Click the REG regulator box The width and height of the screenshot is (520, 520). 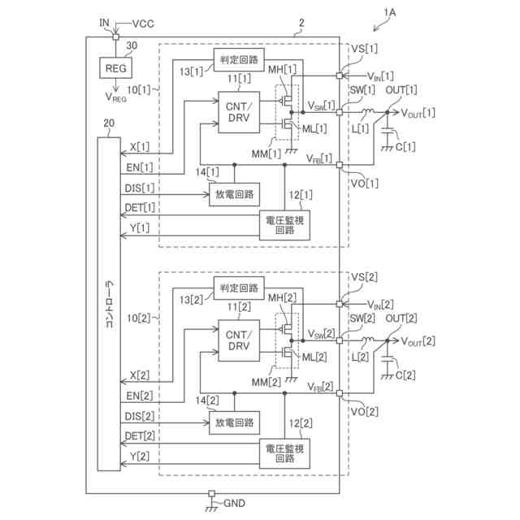[115, 68]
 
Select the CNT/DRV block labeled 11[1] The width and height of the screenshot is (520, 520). [239, 112]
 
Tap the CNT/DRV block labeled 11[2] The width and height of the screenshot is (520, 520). [239, 340]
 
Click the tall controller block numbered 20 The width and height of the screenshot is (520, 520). [109, 304]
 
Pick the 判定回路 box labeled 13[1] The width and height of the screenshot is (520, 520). [239, 59]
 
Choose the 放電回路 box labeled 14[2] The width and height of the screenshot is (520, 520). [234, 422]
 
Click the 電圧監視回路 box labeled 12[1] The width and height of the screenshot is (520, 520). [284, 225]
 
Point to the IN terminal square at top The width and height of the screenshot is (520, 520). [115, 37]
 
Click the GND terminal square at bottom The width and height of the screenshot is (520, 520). [211, 493]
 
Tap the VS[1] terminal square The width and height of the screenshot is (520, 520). [340, 76]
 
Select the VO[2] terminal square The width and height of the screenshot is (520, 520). [340, 393]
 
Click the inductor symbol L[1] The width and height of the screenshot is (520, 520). [367, 111]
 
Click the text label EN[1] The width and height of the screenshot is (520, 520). [140, 167]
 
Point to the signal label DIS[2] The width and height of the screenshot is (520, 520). [140, 416]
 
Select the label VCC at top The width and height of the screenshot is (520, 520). [143, 24]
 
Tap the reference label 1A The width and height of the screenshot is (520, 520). [390, 13]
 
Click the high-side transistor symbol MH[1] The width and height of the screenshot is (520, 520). [286, 99]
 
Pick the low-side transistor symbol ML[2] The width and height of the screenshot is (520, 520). [286, 353]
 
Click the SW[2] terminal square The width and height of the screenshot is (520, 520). [340, 340]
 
